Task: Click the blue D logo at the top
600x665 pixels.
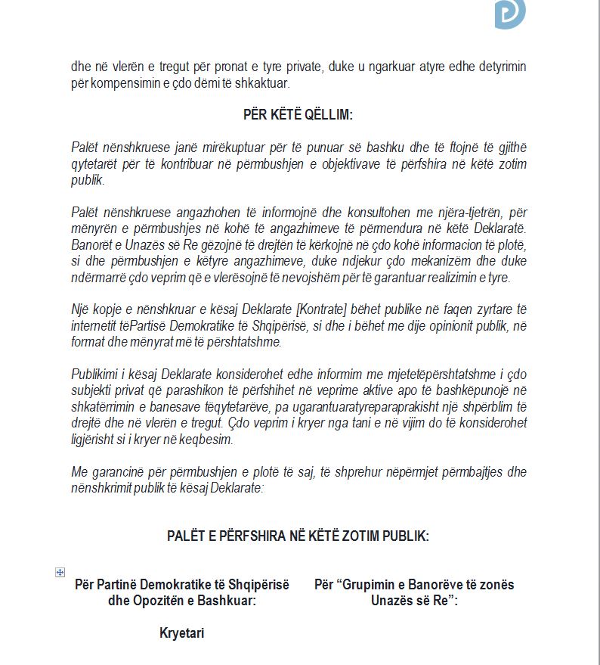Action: [x=510, y=14]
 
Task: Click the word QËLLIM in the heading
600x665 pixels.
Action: [x=328, y=114]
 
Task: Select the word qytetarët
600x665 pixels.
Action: [x=97, y=164]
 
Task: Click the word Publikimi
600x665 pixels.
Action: [x=97, y=375]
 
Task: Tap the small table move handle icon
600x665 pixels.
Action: [x=60, y=573]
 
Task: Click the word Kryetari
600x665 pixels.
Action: [x=181, y=633]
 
